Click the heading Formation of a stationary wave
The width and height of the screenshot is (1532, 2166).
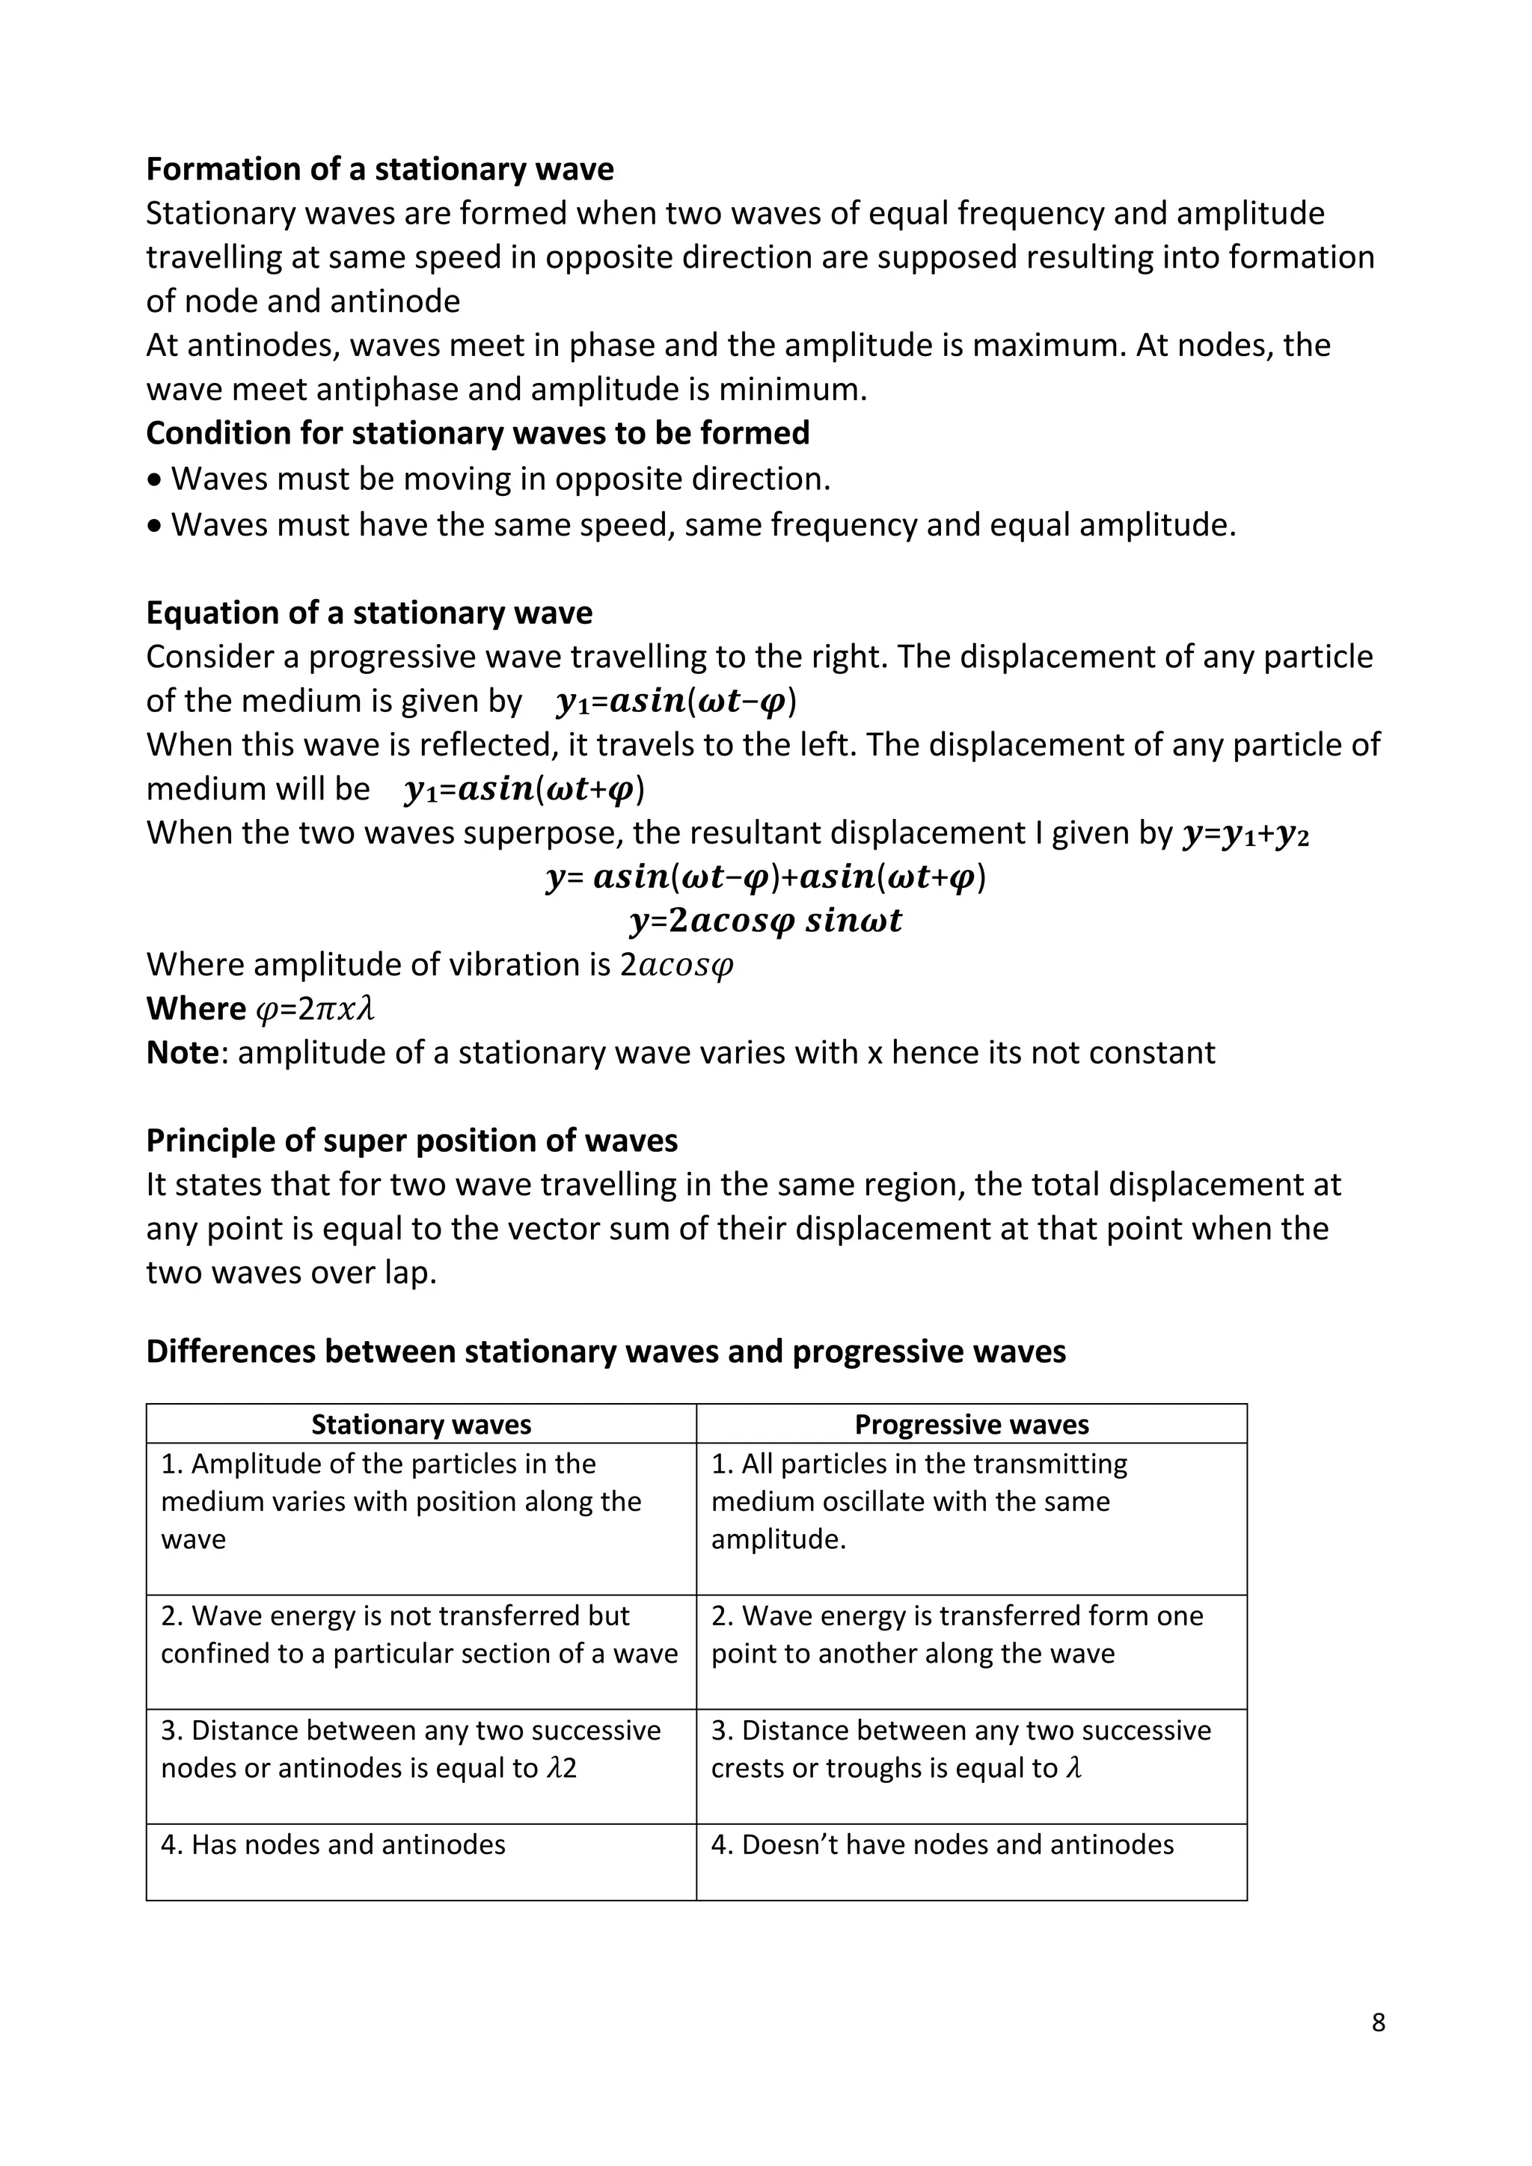379,169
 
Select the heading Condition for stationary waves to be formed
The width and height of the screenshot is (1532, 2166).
477,433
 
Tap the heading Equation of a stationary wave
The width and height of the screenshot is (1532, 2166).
369,613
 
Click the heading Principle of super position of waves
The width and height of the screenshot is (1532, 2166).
411,1141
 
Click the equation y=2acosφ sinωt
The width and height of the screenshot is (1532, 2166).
765,921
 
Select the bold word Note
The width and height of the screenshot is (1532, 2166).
182,1053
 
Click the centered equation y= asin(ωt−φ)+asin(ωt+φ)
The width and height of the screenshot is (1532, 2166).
765,877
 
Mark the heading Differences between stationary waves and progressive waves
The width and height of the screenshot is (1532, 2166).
606,1352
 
